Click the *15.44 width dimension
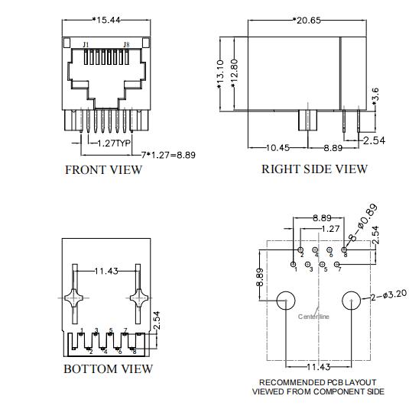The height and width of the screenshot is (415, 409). [x=106, y=20]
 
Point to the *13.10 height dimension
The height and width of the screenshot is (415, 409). [x=221, y=75]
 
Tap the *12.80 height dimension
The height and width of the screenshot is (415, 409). [x=234, y=73]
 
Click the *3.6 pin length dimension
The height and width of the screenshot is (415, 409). [x=375, y=96]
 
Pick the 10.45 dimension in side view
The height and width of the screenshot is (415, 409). [x=278, y=148]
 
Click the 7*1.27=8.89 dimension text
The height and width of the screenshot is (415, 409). [x=168, y=155]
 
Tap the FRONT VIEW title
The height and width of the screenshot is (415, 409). [x=104, y=170]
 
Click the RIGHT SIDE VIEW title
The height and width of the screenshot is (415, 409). [x=314, y=169]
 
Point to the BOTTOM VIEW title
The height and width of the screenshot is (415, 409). [x=109, y=369]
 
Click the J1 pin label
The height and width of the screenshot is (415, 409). [x=86, y=44]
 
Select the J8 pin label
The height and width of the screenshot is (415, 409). [x=126, y=44]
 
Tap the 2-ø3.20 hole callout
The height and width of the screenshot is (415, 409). [x=388, y=295]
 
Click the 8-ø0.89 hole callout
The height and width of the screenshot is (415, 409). [x=363, y=222]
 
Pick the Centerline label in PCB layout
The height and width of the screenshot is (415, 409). [x=313, y=317]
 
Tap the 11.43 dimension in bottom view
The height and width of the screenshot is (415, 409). [x=106, y=271]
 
